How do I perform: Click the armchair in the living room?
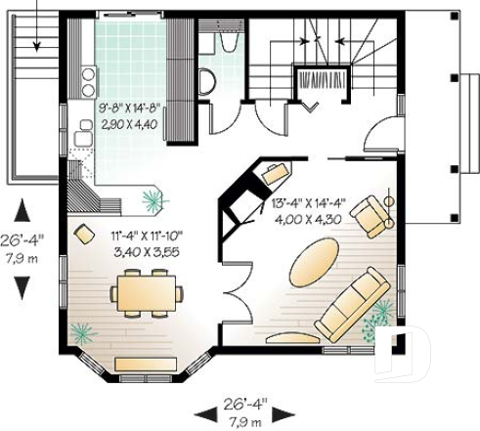371,215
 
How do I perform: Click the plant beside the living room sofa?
378,317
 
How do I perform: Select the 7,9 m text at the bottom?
242,421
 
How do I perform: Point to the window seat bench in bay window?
146,365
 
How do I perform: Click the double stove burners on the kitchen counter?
87,73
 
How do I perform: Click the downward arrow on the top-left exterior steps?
36,39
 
